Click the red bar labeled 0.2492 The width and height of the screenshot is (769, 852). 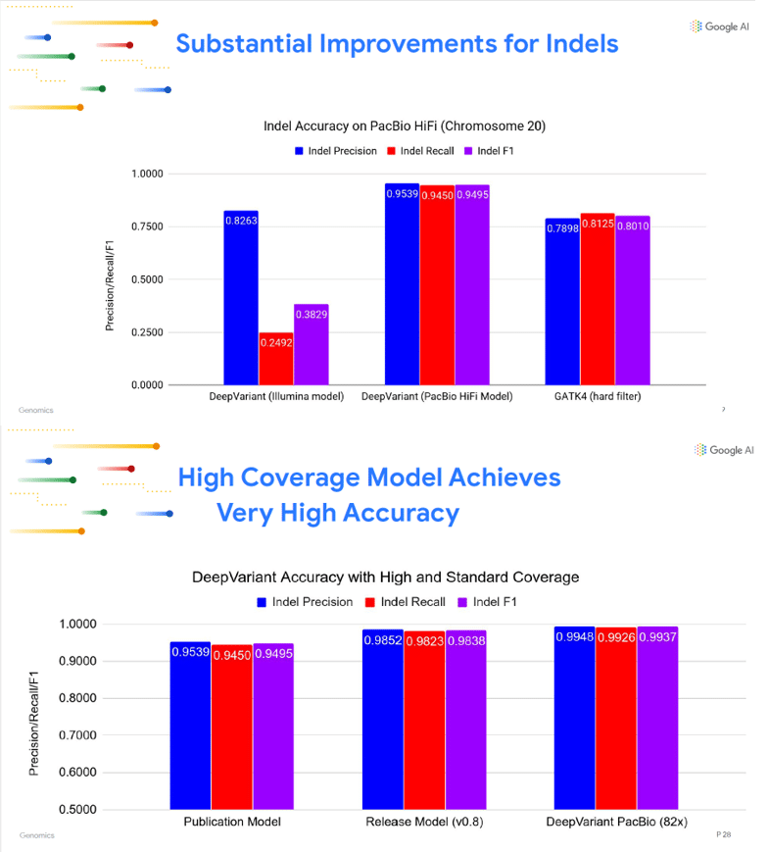coord(275,359)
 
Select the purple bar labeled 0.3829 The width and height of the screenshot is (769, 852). coord(311,345)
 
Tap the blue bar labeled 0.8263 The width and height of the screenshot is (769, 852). coord(241,298)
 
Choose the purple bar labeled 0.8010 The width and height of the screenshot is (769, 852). coord(633,301)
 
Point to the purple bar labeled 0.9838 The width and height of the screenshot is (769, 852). coord(465,720)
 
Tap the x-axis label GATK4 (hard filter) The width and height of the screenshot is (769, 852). coord(597,397)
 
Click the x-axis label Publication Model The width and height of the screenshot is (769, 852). coord(232,822)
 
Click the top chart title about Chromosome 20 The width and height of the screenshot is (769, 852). coord(405,126)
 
